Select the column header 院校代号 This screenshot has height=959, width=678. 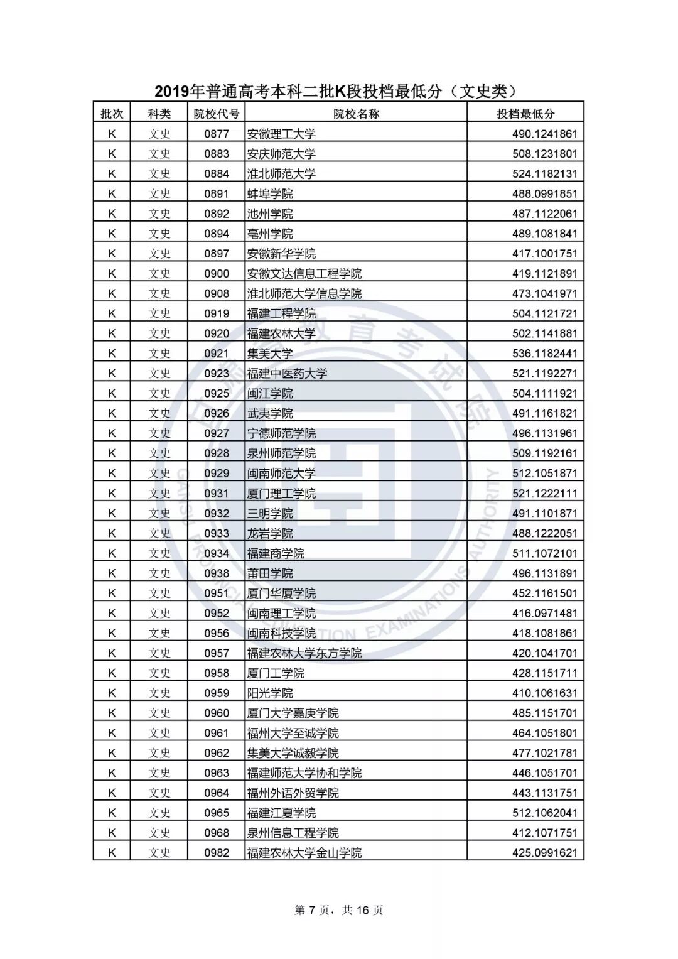[216, 114]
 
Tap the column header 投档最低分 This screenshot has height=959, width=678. [525, 114]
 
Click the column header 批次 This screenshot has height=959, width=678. [112, 114]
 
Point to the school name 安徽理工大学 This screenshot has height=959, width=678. [281, 134]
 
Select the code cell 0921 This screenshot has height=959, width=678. [216, 354]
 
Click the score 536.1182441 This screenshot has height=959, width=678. [544, 354]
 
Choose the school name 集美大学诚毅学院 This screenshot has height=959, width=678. [293, 753]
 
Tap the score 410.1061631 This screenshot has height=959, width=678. [544, 693]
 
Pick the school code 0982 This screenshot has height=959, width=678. [216, 853]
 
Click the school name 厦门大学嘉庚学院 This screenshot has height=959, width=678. [293, 713]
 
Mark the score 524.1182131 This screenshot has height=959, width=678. [544, 174]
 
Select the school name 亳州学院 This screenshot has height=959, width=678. [270, 234]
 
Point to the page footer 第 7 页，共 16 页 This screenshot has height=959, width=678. [338, 910]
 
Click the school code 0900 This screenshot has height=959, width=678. [216, 274]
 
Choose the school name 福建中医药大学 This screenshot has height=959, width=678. [287, 374]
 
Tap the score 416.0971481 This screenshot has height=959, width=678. [544, 613]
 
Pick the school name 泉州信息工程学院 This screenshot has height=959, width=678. [293, 833]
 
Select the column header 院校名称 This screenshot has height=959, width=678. [356, 114]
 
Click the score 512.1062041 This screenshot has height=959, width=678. [544, 813]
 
